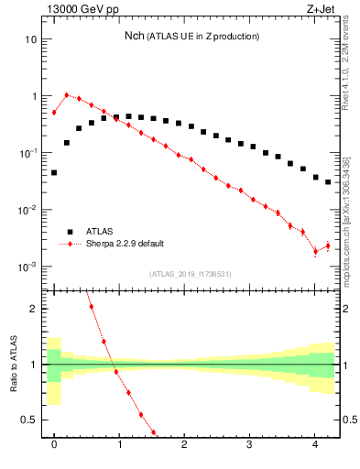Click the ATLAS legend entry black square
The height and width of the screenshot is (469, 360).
tap(67, 232)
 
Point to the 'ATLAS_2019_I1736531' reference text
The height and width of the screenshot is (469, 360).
tap(191, 274)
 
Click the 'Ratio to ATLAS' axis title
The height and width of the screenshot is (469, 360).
tap(12, 365)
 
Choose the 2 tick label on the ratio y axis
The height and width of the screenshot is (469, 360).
tap(33, 309)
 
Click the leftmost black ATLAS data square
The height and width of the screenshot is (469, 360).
tap(54, 172)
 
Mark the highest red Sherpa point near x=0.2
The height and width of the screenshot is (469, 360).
tap(67, 94)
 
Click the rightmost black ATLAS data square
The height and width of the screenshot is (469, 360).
tap(328, 181)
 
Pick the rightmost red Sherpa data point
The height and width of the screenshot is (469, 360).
tap(328, 245)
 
